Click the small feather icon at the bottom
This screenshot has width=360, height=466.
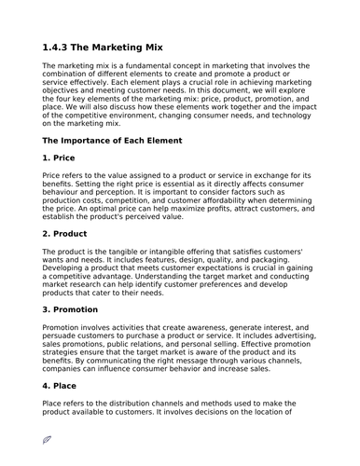tap(48, 440)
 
